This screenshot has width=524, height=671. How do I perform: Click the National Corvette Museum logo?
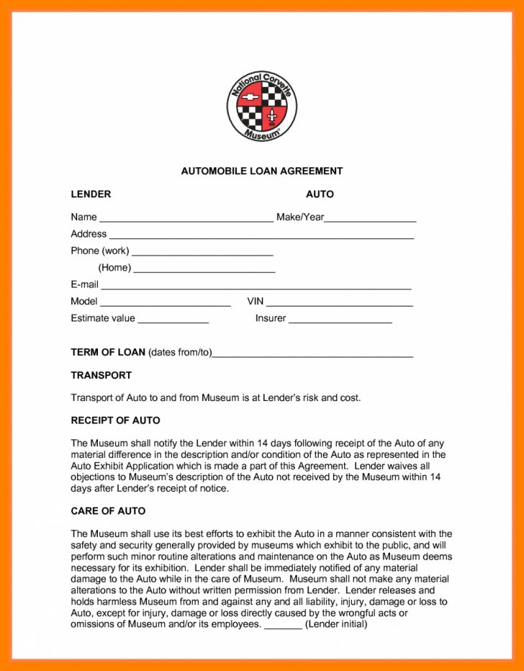(262, 107)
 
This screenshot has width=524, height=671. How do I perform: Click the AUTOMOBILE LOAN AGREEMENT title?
(262, 171)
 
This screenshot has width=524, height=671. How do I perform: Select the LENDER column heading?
(91, 194)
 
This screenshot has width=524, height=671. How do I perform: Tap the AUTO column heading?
(320, 194)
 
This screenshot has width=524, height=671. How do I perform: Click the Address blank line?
(261, 235)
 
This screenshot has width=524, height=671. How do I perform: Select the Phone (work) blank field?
(202, 253)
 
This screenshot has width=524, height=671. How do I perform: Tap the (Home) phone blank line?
(204, 269)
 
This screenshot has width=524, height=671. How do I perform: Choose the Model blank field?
(165, 303)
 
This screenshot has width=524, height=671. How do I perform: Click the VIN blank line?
(340, 303)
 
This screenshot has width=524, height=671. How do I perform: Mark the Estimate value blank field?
(173, 320)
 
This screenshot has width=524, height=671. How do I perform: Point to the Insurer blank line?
(340, 320)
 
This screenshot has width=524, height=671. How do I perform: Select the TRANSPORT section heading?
(101, 375)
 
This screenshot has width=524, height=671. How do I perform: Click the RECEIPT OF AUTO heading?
(115, 420)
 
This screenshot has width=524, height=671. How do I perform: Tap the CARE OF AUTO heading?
(108, 511)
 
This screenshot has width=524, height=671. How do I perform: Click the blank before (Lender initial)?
(283, 626)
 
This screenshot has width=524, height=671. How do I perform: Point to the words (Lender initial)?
(336, 624)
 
